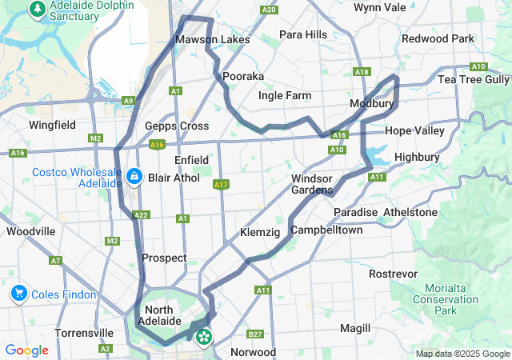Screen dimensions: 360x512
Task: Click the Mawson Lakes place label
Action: pos(212,39)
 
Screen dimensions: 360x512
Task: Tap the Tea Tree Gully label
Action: pos(474,79)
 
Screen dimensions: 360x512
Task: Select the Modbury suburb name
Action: pos(371,105)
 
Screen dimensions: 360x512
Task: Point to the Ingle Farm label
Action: pos(285,96)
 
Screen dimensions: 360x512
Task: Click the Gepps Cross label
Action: pos(177,126)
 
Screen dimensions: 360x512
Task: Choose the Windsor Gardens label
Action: pos(312,184)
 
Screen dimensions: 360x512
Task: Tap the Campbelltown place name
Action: pos(326,230)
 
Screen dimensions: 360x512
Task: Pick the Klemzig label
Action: pos(260,233)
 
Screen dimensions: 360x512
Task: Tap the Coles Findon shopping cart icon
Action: pos(18,294)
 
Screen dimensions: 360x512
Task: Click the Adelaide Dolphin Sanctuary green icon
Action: pos(36,10)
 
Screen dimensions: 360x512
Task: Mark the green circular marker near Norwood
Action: pos(204,337)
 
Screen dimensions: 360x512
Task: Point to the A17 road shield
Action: pos(222,185)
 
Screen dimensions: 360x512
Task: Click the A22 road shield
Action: pos(141,215)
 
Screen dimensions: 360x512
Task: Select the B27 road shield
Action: pos(255,334)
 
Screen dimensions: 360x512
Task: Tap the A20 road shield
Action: pos(269,10)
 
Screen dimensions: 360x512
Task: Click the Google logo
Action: pos(26,350)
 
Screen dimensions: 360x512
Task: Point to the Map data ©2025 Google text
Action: pos(462,354)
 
